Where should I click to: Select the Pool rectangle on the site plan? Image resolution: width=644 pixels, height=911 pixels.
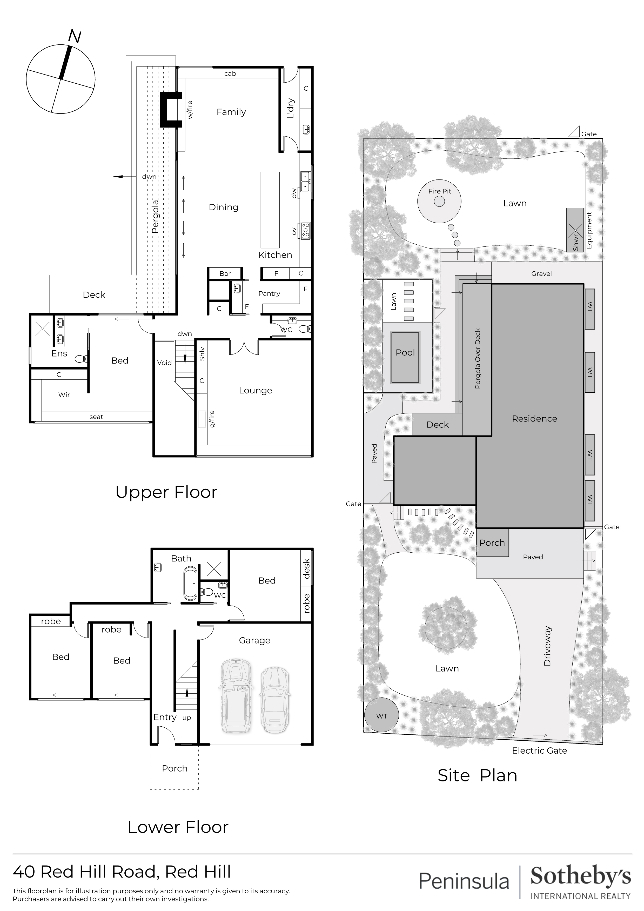[x=405, y=358]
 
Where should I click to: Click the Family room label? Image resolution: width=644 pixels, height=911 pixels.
[x=231, y=112]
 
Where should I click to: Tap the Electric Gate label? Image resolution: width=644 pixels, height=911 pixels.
[x=539, y=750]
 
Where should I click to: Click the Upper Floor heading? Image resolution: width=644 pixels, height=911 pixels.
[x=166, y=492]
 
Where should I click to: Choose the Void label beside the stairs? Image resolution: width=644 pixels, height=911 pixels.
[x=164, y=363]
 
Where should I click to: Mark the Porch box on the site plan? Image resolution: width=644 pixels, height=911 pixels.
[x=492, y=543]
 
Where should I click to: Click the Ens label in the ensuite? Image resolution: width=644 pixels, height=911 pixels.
[x=59, y=353]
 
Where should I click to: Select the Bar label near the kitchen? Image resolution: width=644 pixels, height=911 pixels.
[x=225, y=273]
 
